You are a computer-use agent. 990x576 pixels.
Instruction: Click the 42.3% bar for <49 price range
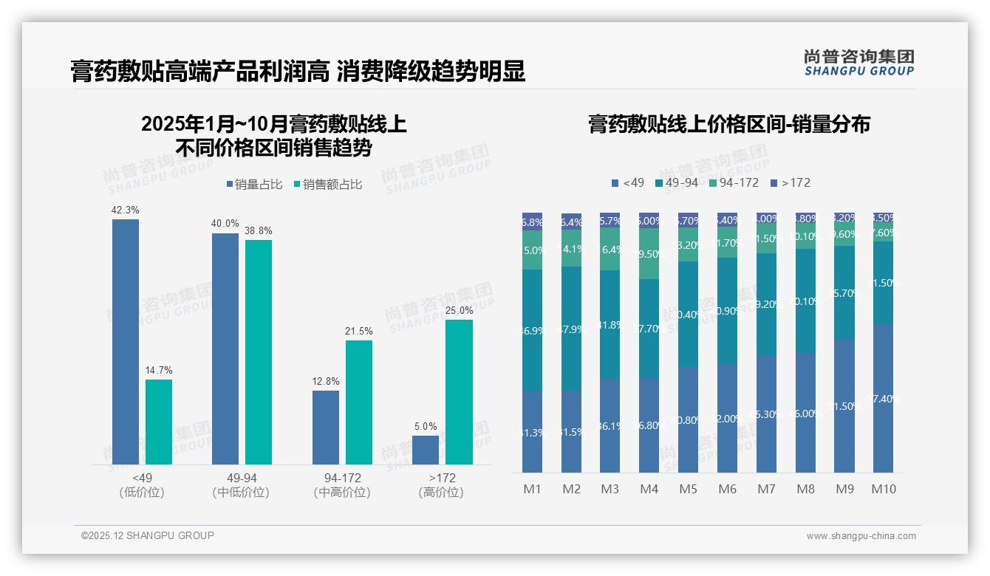pyautogui.click(x=126, y=342)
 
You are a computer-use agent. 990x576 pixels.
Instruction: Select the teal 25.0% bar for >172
pyautogui.click(x=459, y=392)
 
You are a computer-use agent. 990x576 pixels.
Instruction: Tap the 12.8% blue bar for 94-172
pyautogui.click(x=326, y=428)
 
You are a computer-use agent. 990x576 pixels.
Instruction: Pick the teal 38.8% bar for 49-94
pyautogui.click(x=259, y=352)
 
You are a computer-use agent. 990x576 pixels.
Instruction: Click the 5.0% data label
pyautogui.click(x=426, y=426)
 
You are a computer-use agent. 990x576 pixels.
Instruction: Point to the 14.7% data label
pyautogui.click(x=159, y=370)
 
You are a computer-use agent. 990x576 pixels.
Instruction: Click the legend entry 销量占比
pyautogui.click(x=253, y=185)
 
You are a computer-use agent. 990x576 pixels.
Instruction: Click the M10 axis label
pyautogui.click(x=884, y=489)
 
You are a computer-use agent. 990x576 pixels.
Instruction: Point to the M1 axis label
pyautogui.click(x=533, y=489)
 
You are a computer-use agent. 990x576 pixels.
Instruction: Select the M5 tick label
pyautogui.click(x=689, y=489)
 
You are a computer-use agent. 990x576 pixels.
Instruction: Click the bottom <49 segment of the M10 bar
pyautogui.click(x=884, y=398)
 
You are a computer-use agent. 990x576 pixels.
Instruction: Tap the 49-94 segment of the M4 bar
pyautogui.click(x=649, y=329)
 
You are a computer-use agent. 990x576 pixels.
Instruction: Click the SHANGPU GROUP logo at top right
pyautogui.click(x=858, y=63)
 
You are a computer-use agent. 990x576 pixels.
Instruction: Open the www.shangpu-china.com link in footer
pyautogui.click(x=861, y=536)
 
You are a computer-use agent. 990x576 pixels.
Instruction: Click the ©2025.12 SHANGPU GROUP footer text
pyautogui.click(x=148, y=535)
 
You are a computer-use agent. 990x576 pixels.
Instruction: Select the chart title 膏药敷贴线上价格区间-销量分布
pyautogui.click(x=728, y=124)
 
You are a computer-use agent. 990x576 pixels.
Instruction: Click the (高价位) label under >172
pyautogui.click(x=441, y=493)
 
